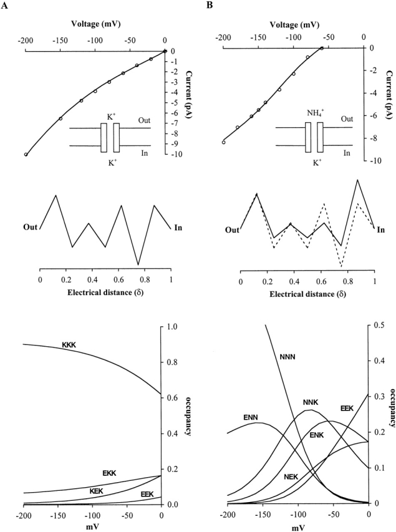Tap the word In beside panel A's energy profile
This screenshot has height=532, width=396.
tap(178, 227)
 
